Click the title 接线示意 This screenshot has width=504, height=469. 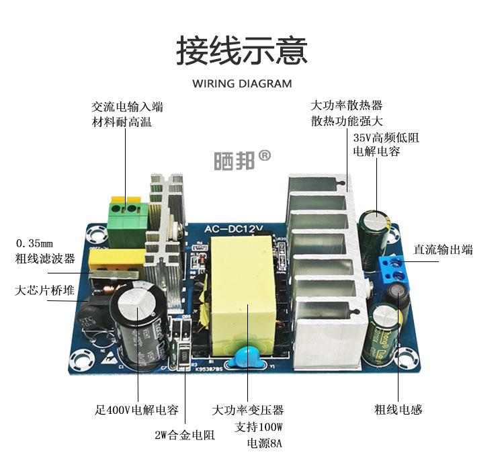tap(242, 51)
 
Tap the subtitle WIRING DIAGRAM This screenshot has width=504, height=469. tap(242, 84)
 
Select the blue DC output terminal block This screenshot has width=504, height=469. tap(397, 269)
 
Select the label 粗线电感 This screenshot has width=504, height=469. tap(398, 409)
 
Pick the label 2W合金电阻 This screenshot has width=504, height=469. tap(185, 435)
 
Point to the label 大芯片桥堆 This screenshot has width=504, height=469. tap(45, 291)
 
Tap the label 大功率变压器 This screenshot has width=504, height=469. tap(247, 410)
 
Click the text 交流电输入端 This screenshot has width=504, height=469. tap(127, 107)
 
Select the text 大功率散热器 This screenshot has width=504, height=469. tap(346, 105)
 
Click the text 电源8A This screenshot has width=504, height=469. tap(265, 443)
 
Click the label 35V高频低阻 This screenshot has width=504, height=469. tap(386, 138)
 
